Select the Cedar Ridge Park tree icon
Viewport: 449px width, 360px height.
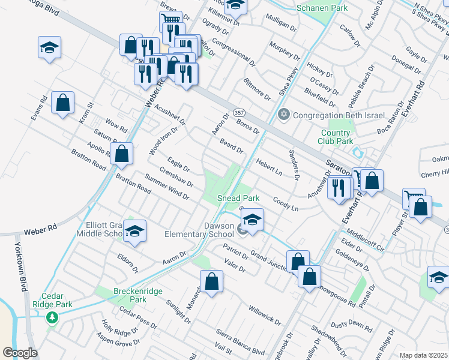(x=52, y=317)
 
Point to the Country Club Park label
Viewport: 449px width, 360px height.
(x=336, y=137)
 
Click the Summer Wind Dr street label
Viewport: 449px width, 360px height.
(x=167, y=186)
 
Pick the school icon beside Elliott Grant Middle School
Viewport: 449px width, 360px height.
(x=135, y=231)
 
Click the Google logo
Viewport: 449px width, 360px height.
(x=20, y=353)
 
